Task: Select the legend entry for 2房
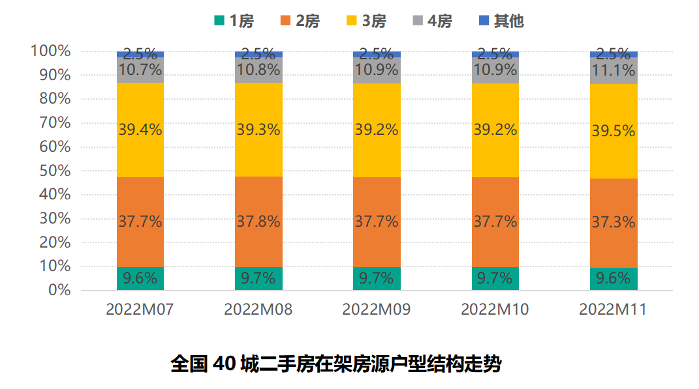click(300, 21)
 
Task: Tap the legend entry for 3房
click(367, 21)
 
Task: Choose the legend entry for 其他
click(501, 21)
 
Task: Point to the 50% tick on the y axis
click(50, 171)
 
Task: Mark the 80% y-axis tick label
click(50, 99)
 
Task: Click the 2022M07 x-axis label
click(140, 310)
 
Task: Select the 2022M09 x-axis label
click(377, 310)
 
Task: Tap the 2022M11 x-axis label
click(613, 310)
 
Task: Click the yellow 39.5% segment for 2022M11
click(614, 131)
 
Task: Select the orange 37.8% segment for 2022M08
click(258, 222)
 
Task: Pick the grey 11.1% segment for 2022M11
click(614, 70)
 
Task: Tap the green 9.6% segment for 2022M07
click(140, 279)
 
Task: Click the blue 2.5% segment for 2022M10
click(495, 54)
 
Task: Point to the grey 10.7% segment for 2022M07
click(140, 70)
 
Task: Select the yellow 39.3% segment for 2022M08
click(258, 129)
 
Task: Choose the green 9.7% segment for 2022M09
click(377, 279)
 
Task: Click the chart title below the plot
click(335, 363)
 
